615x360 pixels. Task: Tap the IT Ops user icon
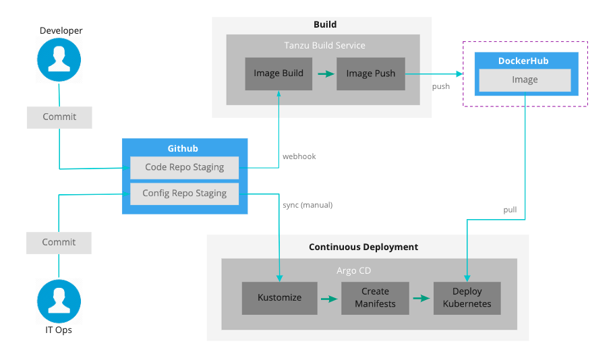59,301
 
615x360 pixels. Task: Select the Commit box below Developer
59,117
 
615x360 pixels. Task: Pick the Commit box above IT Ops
59,242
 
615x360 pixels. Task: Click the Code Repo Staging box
184,167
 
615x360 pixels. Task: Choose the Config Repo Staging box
184,193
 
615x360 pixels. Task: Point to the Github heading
183,148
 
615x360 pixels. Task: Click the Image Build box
279,73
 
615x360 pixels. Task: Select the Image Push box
371,73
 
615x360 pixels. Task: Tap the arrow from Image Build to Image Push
326,73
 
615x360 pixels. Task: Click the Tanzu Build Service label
324,45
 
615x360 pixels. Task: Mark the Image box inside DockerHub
525,80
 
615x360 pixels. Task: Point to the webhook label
299,156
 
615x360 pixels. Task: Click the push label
441,86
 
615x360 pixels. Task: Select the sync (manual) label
307,204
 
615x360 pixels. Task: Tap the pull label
510,210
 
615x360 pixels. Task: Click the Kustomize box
279,297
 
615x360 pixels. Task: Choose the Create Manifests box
375,297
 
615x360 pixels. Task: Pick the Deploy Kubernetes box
467,297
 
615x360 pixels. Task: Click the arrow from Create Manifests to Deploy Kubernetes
421,297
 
